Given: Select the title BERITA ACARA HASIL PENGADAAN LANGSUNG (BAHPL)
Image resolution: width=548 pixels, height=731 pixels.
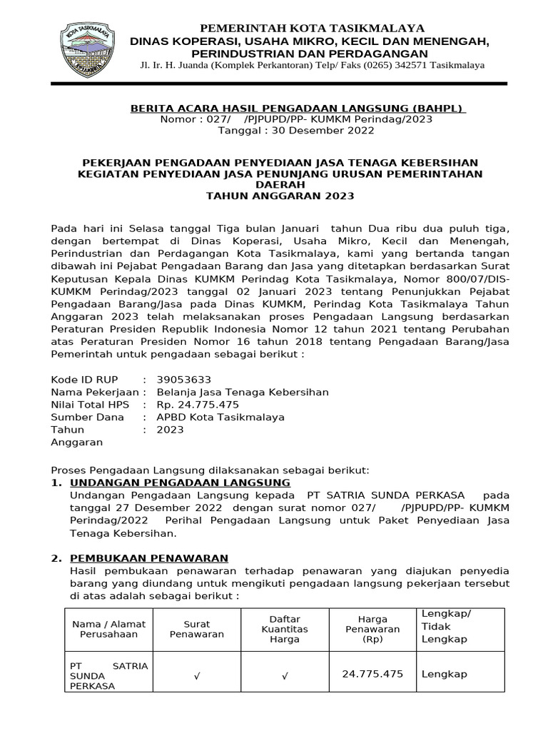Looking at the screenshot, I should [298, 109].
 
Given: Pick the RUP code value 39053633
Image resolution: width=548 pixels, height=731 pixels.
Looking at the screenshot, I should [183, 379].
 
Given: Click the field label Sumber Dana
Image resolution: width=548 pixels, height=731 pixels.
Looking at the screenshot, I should [87, 417].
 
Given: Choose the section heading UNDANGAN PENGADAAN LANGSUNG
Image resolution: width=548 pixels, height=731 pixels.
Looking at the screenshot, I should [180, 483].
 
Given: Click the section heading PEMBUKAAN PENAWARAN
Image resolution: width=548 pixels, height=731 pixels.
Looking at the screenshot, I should [149, 558].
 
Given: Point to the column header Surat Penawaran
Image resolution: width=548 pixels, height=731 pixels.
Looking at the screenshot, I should [196, 629].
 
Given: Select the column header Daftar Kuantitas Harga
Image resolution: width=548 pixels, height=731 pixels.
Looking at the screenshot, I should [285, 629].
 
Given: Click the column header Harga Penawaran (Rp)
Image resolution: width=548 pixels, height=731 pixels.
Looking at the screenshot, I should [372, 629].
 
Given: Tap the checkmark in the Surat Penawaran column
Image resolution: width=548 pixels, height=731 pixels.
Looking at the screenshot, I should [196, 675].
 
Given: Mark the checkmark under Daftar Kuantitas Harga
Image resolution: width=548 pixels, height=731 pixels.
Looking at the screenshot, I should [285, 675].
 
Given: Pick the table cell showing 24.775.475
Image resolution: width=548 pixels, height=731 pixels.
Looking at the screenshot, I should [372, 674].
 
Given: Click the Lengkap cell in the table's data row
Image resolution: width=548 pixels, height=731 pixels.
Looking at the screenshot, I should [444, 674].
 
